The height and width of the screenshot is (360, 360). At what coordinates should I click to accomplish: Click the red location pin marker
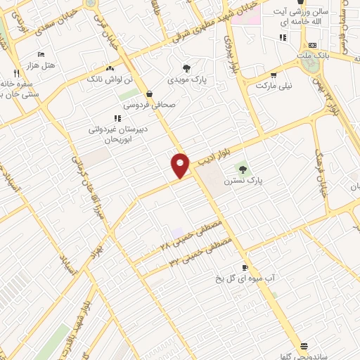click(x=181, y=165)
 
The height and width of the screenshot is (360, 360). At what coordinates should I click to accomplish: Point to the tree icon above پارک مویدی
click(x=186, y=68)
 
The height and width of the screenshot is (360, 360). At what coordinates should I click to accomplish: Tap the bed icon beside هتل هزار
click(x=41, y=54)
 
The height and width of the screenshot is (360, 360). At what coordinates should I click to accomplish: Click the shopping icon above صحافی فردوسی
click(x=149, y=94)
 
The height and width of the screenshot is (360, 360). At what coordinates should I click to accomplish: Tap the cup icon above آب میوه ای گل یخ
click(x=245, y=267)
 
